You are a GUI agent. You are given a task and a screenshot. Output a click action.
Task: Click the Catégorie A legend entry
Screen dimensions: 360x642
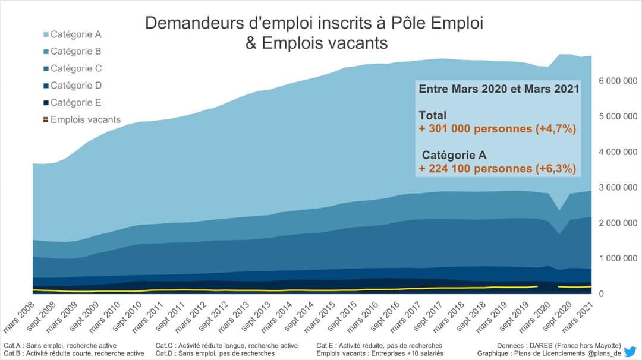click(76, 34)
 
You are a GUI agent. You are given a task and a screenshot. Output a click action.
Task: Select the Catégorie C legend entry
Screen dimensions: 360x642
click(76, 68)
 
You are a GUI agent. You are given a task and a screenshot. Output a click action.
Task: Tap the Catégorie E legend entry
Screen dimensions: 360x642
click(76, 102)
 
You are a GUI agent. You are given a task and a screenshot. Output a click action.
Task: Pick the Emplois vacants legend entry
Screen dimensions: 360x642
click(85, 119)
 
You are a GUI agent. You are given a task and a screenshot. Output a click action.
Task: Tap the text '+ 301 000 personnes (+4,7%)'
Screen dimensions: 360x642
click(498, 128)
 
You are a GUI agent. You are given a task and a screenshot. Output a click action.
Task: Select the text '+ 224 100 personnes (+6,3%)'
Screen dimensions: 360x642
click(498, 169)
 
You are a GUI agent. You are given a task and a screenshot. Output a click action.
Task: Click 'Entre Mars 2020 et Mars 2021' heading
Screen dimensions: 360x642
click(499, 89)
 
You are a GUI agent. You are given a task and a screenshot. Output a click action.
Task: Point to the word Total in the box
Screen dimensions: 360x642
click(432, 115)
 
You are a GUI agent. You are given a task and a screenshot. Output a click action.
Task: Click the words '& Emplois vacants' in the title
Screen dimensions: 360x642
click(316, 43)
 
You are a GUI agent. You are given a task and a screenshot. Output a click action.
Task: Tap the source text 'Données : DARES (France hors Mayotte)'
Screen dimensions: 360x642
click(559, 345)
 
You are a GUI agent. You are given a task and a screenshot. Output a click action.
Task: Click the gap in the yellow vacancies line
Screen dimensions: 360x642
click(547, 286)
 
